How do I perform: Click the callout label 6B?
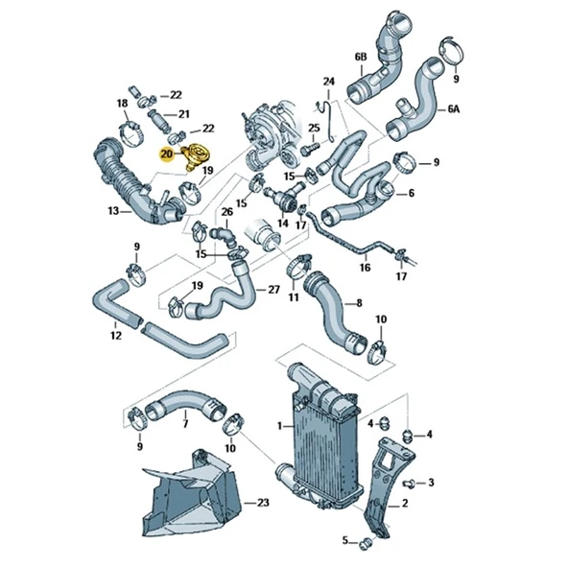(361, 58)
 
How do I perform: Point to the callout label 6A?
(454, 109)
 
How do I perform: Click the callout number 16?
(365, 270)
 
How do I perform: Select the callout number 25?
(313, 129)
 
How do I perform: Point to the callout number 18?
(123, 103)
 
